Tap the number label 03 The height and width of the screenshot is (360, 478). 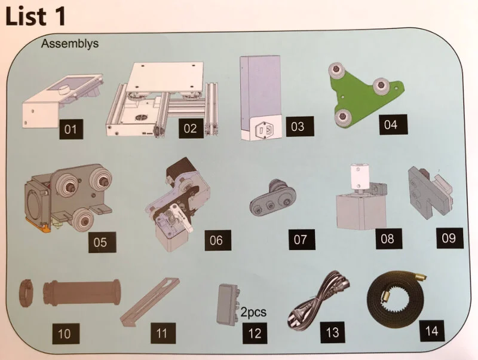(297, 127)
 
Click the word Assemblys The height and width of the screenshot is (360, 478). (70, 44)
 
